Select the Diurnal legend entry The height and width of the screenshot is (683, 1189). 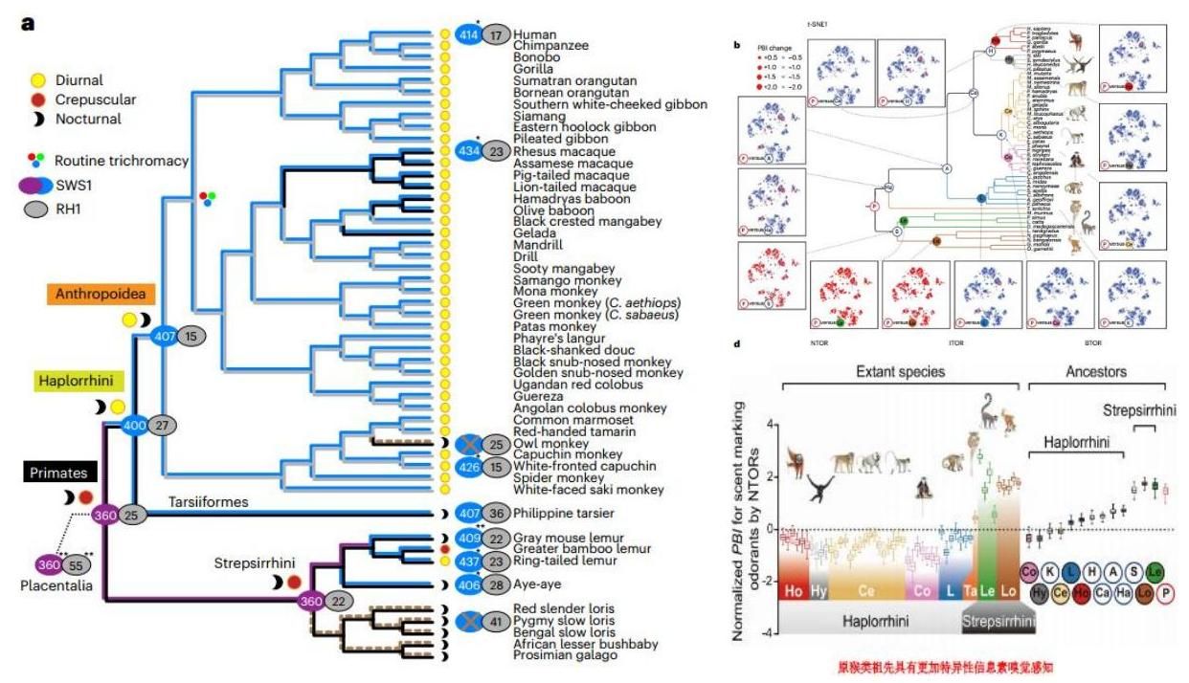click(x=79, y=80)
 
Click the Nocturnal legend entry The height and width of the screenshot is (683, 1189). click(x=87, y=121)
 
